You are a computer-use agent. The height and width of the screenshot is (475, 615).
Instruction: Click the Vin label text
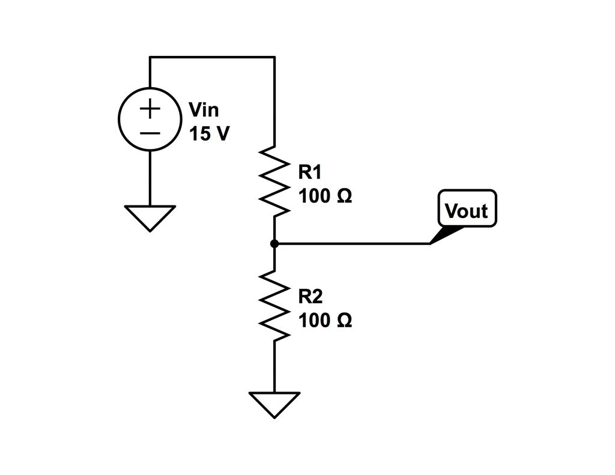click(x=204, y=110)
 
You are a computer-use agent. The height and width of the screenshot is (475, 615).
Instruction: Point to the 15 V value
click(x=209, y=134)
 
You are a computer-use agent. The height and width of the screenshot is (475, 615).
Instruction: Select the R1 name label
click(x=311, y=172)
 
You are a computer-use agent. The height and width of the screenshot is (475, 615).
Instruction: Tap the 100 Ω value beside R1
click(x=325, y=196)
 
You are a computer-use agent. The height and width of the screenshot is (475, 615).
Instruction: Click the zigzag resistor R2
click(x=274, y=306)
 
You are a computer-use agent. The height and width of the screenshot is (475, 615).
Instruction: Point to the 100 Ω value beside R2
click(x=325, y=321)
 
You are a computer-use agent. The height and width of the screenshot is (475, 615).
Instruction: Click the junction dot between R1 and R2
click(x=274, y=244)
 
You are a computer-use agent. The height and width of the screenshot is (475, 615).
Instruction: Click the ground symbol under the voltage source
click(x=150, y=217)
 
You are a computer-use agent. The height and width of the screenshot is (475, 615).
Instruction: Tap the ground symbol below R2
click(x=274, y=404)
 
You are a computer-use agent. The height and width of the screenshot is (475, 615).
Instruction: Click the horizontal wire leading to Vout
click(x=354, y=244)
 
